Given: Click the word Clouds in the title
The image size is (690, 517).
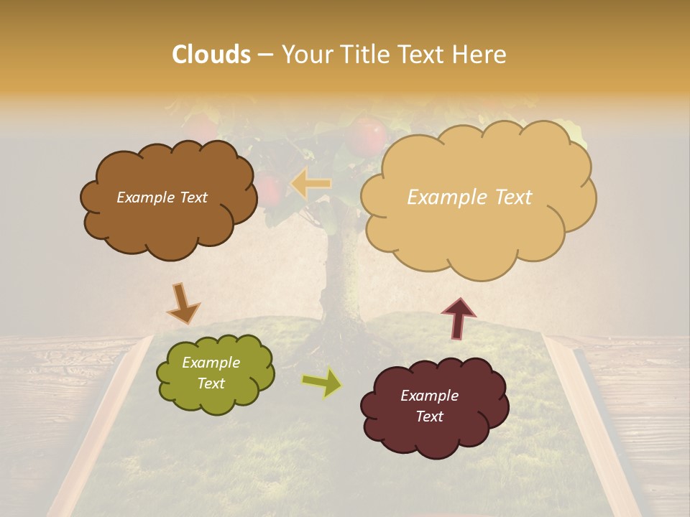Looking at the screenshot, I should [212, 55].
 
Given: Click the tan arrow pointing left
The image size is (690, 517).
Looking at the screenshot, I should [310, 184].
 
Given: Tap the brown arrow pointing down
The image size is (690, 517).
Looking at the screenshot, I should [183, 304].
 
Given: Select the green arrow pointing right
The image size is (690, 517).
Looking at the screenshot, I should [322, 383].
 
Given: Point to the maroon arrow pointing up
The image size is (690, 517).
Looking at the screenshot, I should [459, 318].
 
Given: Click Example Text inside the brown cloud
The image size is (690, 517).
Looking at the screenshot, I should [162, 197].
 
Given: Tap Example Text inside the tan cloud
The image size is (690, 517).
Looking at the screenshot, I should [469, 197].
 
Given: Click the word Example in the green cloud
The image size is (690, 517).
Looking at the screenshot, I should [211, 363].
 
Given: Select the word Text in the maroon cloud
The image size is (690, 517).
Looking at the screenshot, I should [429, 416].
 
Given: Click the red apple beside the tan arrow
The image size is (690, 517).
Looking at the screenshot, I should [270, 190].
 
